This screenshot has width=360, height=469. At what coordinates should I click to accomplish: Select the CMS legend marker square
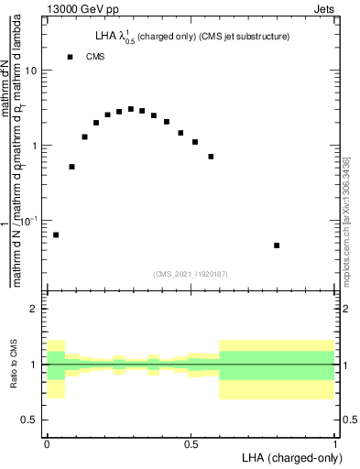(x=70, y=57)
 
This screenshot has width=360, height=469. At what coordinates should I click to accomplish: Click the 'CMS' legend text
(x=96, y=57)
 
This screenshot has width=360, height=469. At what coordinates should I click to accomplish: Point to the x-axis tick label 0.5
(x=191, y=443)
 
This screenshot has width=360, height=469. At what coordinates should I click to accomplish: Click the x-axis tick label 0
(x=47, y=443)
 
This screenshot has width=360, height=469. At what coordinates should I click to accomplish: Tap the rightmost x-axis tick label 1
(x=334, y=443)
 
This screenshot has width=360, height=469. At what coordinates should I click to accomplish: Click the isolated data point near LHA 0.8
(x=277, y=245)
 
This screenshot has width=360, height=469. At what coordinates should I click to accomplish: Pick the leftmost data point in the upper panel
(x=56, y=235)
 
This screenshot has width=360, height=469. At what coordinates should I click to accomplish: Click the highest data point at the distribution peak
(x=131, y=109)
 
